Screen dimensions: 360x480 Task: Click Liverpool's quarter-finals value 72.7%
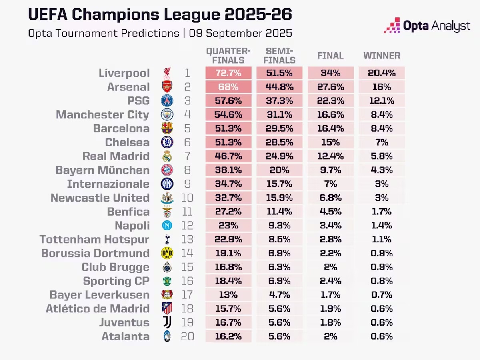pyautogui.click(x=228, y=73)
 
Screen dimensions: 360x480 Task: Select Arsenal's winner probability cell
pyautogui.click(x=382, y=87)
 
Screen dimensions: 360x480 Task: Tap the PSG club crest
pyautogui.click(x=167, y=101)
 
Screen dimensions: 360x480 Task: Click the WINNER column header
pyautogui.click(x=382, y=56)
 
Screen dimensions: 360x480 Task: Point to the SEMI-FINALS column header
pyautogui.click(x=280, y=56)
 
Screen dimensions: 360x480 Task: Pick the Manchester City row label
pyautogui.click(x=102, y=115)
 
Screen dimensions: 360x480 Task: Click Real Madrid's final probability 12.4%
pyautogui.click(x=330, y=156)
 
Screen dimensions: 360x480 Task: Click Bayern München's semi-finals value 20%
pyautogui.click(x=280, y=170)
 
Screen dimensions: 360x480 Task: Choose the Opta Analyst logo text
pyautogui.click(x=436, y=26)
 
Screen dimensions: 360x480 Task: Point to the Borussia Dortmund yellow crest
pyautogui.click(x=167, y=253)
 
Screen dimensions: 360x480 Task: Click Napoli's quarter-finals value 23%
pyautogui.click(x=228, y=226)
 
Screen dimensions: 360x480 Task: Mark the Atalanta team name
pyautogui.click(x=125, y=336)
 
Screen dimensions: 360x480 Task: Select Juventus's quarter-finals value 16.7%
pyautogui.click(x=228, y=322)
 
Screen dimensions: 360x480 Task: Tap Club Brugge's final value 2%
pyautogui.click(x=330, y=267)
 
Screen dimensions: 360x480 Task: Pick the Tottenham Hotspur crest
pyautogui.click(x=167, y=240)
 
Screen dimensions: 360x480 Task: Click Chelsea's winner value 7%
pyautogui.click(x=382, y=142)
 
